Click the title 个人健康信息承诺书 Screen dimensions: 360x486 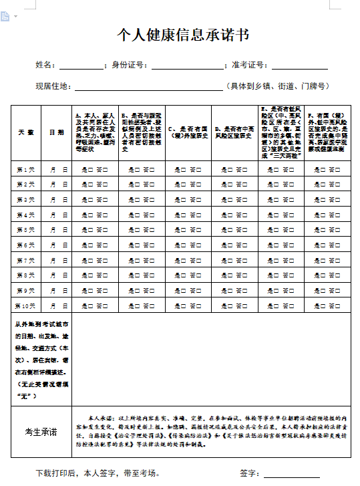pos(179,35)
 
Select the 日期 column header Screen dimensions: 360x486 pos(57,132)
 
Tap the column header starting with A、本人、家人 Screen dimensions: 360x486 pos(95,132)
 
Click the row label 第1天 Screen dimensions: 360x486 pos(25,170)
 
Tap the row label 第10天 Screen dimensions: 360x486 pos(25,306)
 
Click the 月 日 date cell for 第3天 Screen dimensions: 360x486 pos(59,200)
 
